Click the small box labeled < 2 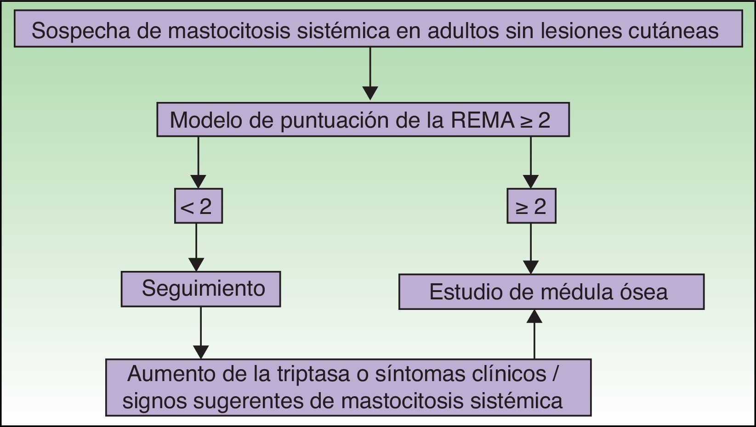(x=198, y=206)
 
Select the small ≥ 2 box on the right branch (x=531, y=206)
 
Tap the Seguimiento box (x=201, y=289)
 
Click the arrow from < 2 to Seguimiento (x=197, y=248)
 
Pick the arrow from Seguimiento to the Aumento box (x=201, y=333)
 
